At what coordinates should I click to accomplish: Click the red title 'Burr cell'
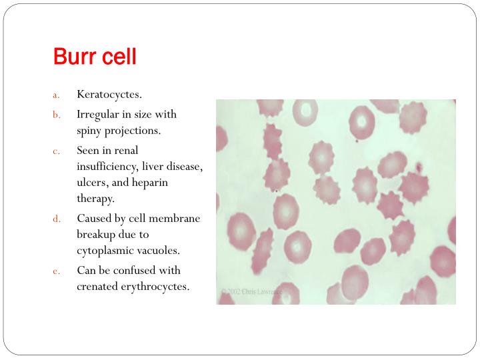click(x=95, y=57)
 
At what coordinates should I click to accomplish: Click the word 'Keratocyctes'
click(x=109, y=94)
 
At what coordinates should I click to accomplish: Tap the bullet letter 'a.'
click(x=57, y=95)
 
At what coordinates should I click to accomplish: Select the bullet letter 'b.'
click(x=57, y=115)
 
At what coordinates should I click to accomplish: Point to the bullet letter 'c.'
click(x=57, y=151)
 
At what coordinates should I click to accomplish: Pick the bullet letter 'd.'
click(x=57, y=219)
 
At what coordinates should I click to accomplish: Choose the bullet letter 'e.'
click(x=57, y=271)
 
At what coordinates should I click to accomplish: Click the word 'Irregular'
click(x=97, y=114)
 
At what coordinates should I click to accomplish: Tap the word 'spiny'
click(x=90, y=131)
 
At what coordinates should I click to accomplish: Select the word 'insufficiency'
click(x=106, y=166)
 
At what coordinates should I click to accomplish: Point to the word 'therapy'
click(x=95, y=199)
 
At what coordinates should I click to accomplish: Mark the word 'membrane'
click(x=177, y=218)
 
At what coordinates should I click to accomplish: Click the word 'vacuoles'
click(x=159, y=251)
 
